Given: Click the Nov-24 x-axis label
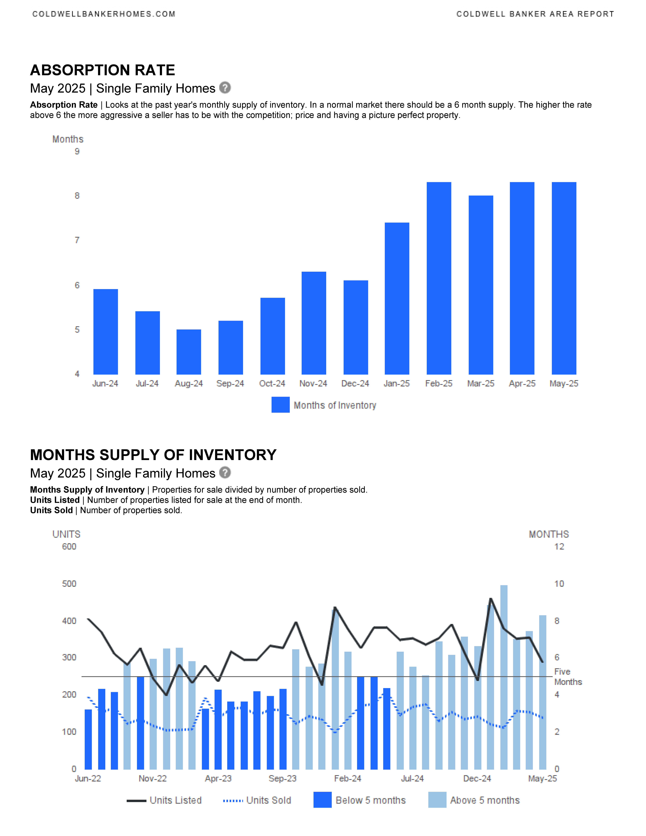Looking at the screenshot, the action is point(313,384).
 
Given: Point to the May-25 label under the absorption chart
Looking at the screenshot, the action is point(564,384).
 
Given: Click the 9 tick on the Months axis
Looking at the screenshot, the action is point(77,152).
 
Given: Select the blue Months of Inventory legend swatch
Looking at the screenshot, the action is point(281,405).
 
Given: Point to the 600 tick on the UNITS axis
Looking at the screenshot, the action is point(69,547).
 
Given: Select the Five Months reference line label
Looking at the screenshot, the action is point(568,677).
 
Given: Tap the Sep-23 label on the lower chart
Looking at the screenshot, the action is point(282,779).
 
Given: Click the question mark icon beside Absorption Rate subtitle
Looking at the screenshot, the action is point(225,88).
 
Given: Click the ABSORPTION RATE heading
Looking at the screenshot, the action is point(103,70).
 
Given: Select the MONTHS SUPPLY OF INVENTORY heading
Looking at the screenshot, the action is point(153,455).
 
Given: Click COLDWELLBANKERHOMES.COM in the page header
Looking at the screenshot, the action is point(104,14).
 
